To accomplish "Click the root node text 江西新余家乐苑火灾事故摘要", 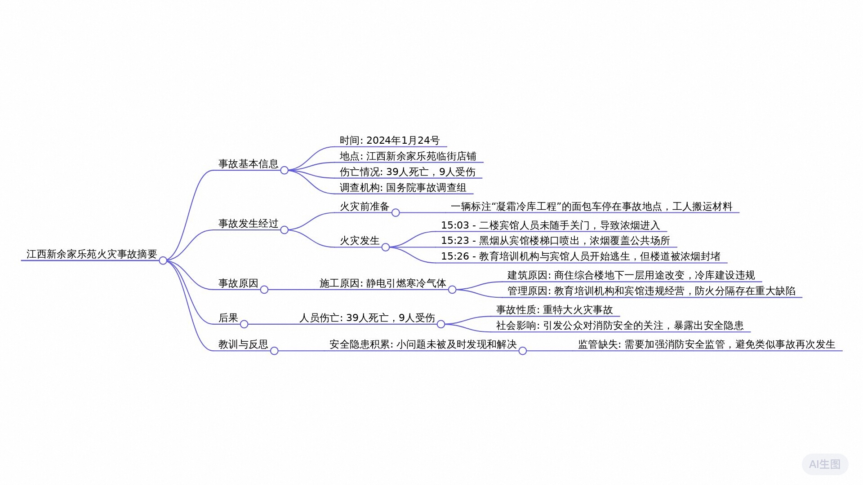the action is (92, 254).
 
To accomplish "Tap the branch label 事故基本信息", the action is (248, 164).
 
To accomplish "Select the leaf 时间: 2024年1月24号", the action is (390, 141).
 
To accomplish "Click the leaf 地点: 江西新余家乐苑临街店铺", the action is (408, 156).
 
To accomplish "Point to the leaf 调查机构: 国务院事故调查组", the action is (403, 188).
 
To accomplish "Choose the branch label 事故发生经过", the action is (248, 224).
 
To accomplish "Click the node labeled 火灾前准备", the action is (364, 207).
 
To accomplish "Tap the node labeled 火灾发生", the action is (359, 241).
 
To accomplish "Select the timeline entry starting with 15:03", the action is (550, 225).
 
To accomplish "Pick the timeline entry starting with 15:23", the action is (555, 241).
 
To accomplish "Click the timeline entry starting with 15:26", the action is (580, 256).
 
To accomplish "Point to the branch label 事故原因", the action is (238, 283).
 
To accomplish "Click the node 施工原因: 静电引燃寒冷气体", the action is (383, 283).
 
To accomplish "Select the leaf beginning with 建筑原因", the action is (631, 275).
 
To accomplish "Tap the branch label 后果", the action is (228, 318).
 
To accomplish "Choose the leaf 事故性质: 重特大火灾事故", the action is (554, 310).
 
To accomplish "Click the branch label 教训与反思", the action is (243, 344).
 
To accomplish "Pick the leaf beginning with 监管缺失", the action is (707, 344).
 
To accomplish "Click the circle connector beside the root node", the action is (163, 260).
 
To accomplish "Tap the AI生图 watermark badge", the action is (825, 464).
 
